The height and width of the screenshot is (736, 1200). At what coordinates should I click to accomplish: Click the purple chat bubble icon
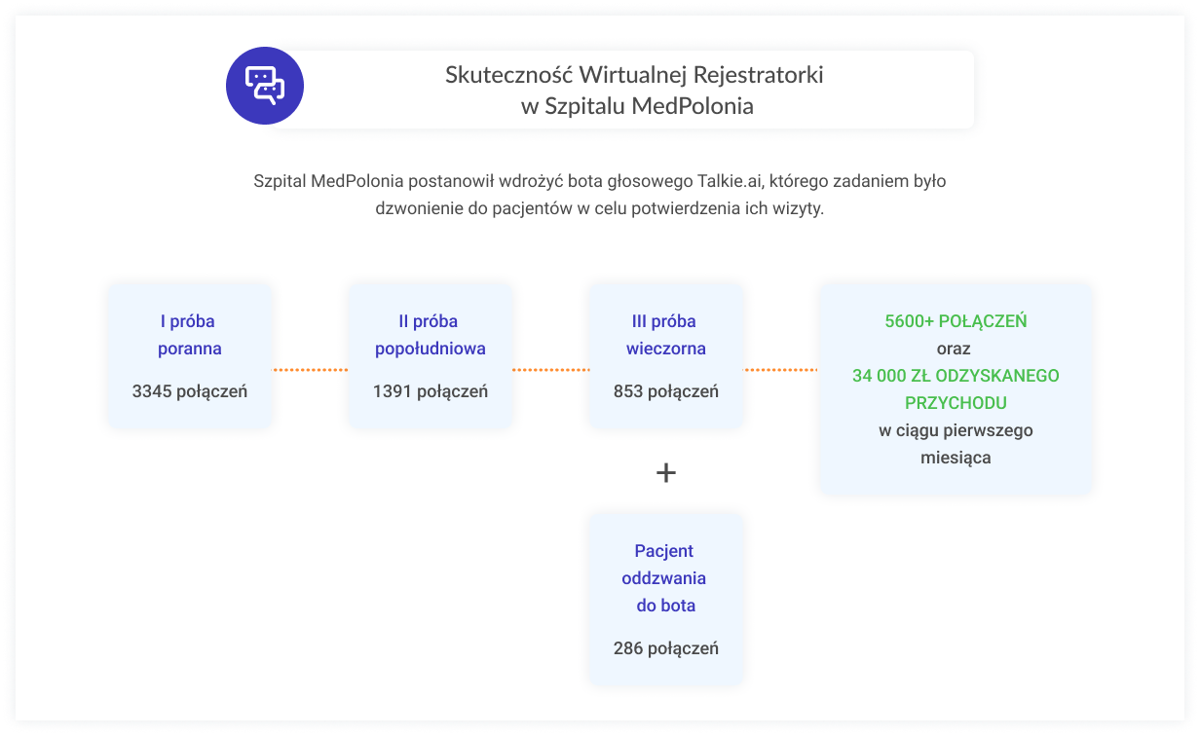[x=264, y=87]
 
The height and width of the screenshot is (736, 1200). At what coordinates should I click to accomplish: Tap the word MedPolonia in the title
[x=692, y=106]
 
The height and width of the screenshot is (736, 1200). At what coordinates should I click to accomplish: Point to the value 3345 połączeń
[x=190, y=391]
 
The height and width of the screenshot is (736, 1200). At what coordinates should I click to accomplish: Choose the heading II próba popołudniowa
[x=430, y=335]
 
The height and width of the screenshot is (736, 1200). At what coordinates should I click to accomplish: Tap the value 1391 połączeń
[x=430, y=391]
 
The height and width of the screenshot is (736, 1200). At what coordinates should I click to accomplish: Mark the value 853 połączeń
[x=666, y=391]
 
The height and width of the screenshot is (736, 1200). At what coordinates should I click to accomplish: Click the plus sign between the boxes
[x=666, y=473]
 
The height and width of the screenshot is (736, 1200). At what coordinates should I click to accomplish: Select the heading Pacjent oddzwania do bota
[x=664, y=578]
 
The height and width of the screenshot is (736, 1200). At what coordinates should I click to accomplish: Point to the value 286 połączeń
[x=666, y=647]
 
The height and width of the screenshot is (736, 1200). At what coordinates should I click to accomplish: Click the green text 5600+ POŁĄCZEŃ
[x=956, y=321]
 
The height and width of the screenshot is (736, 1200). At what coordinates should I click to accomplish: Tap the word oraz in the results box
[x=956, y=348]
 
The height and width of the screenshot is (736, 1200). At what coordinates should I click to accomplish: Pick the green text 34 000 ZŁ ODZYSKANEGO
[x=956, y=376]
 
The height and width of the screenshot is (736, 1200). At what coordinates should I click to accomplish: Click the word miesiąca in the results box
[x=956, y=457]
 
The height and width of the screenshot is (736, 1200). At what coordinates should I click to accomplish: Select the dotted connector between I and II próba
[x=310, y=370]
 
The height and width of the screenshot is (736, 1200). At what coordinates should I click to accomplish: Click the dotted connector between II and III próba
[x=550, y=370]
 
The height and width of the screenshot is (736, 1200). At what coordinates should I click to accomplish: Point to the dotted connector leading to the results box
[x=781, y=370]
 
